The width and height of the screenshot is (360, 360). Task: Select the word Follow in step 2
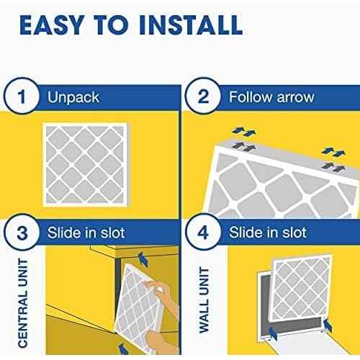point(248,95)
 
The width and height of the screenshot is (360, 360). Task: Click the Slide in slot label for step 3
point(86,233)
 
